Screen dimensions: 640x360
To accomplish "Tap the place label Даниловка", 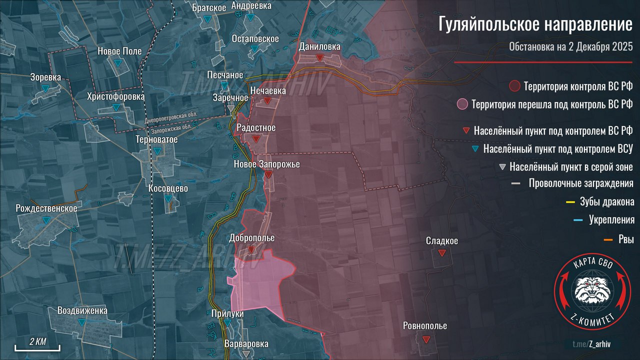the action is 319,46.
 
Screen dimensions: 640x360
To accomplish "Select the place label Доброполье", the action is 251,238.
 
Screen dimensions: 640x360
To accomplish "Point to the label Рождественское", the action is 46,208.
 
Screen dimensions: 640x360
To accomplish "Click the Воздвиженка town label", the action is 82,310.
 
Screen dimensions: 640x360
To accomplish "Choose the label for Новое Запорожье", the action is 267,163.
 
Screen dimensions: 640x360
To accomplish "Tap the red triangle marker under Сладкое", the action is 441,253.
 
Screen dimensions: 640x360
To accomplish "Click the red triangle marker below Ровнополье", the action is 425,339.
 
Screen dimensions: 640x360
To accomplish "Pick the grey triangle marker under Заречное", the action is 230,108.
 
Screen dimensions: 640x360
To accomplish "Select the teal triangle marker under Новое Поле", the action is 117,63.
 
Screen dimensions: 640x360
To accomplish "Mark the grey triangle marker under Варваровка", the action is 245,354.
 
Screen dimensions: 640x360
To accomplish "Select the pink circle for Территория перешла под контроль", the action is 462,104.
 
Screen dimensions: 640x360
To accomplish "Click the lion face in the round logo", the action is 591,289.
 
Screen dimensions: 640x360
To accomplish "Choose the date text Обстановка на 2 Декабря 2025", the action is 571,47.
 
